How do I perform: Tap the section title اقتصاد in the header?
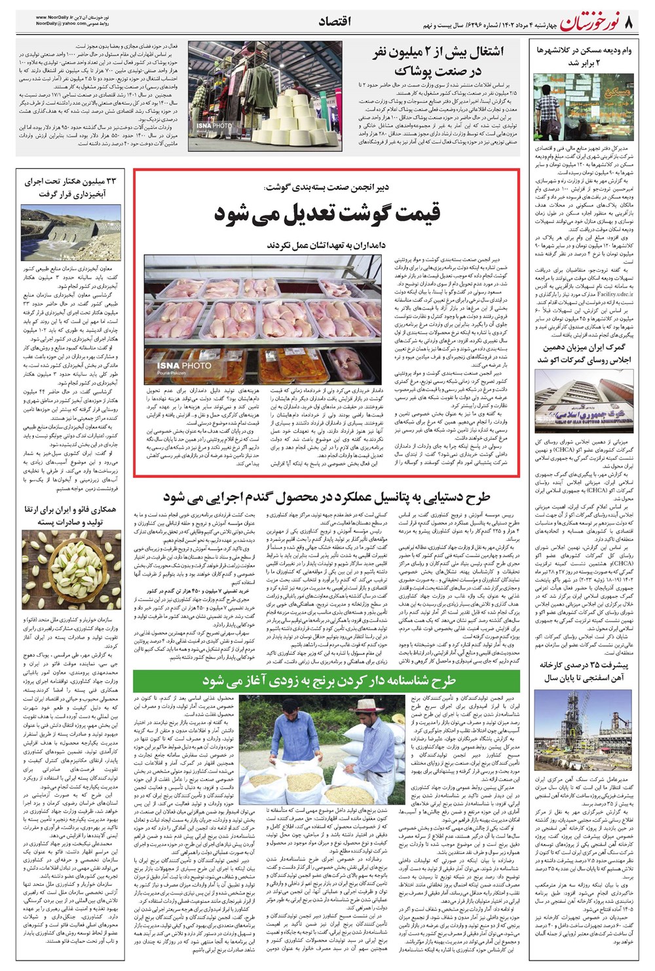click(x=334, y=22)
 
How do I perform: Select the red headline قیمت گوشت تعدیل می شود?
click(x=327, y=213)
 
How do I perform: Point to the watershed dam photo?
click(x=71, y=233)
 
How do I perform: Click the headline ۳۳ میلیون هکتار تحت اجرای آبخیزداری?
click(x=71, y=187)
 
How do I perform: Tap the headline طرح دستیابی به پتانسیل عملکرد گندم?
click(x=327, y=498)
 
